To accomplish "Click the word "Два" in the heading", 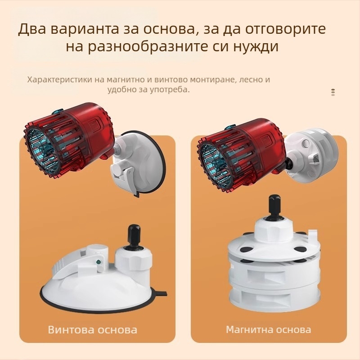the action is point(32,29).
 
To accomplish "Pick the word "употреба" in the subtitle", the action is point(170,90).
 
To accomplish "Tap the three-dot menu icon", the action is point(333,92).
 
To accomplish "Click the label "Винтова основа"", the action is point(93,330).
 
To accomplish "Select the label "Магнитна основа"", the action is point(268,329).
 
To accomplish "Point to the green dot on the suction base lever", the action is point(99,261).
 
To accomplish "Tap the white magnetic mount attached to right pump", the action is point(311,156).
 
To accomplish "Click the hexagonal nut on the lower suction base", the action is point(133,260).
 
